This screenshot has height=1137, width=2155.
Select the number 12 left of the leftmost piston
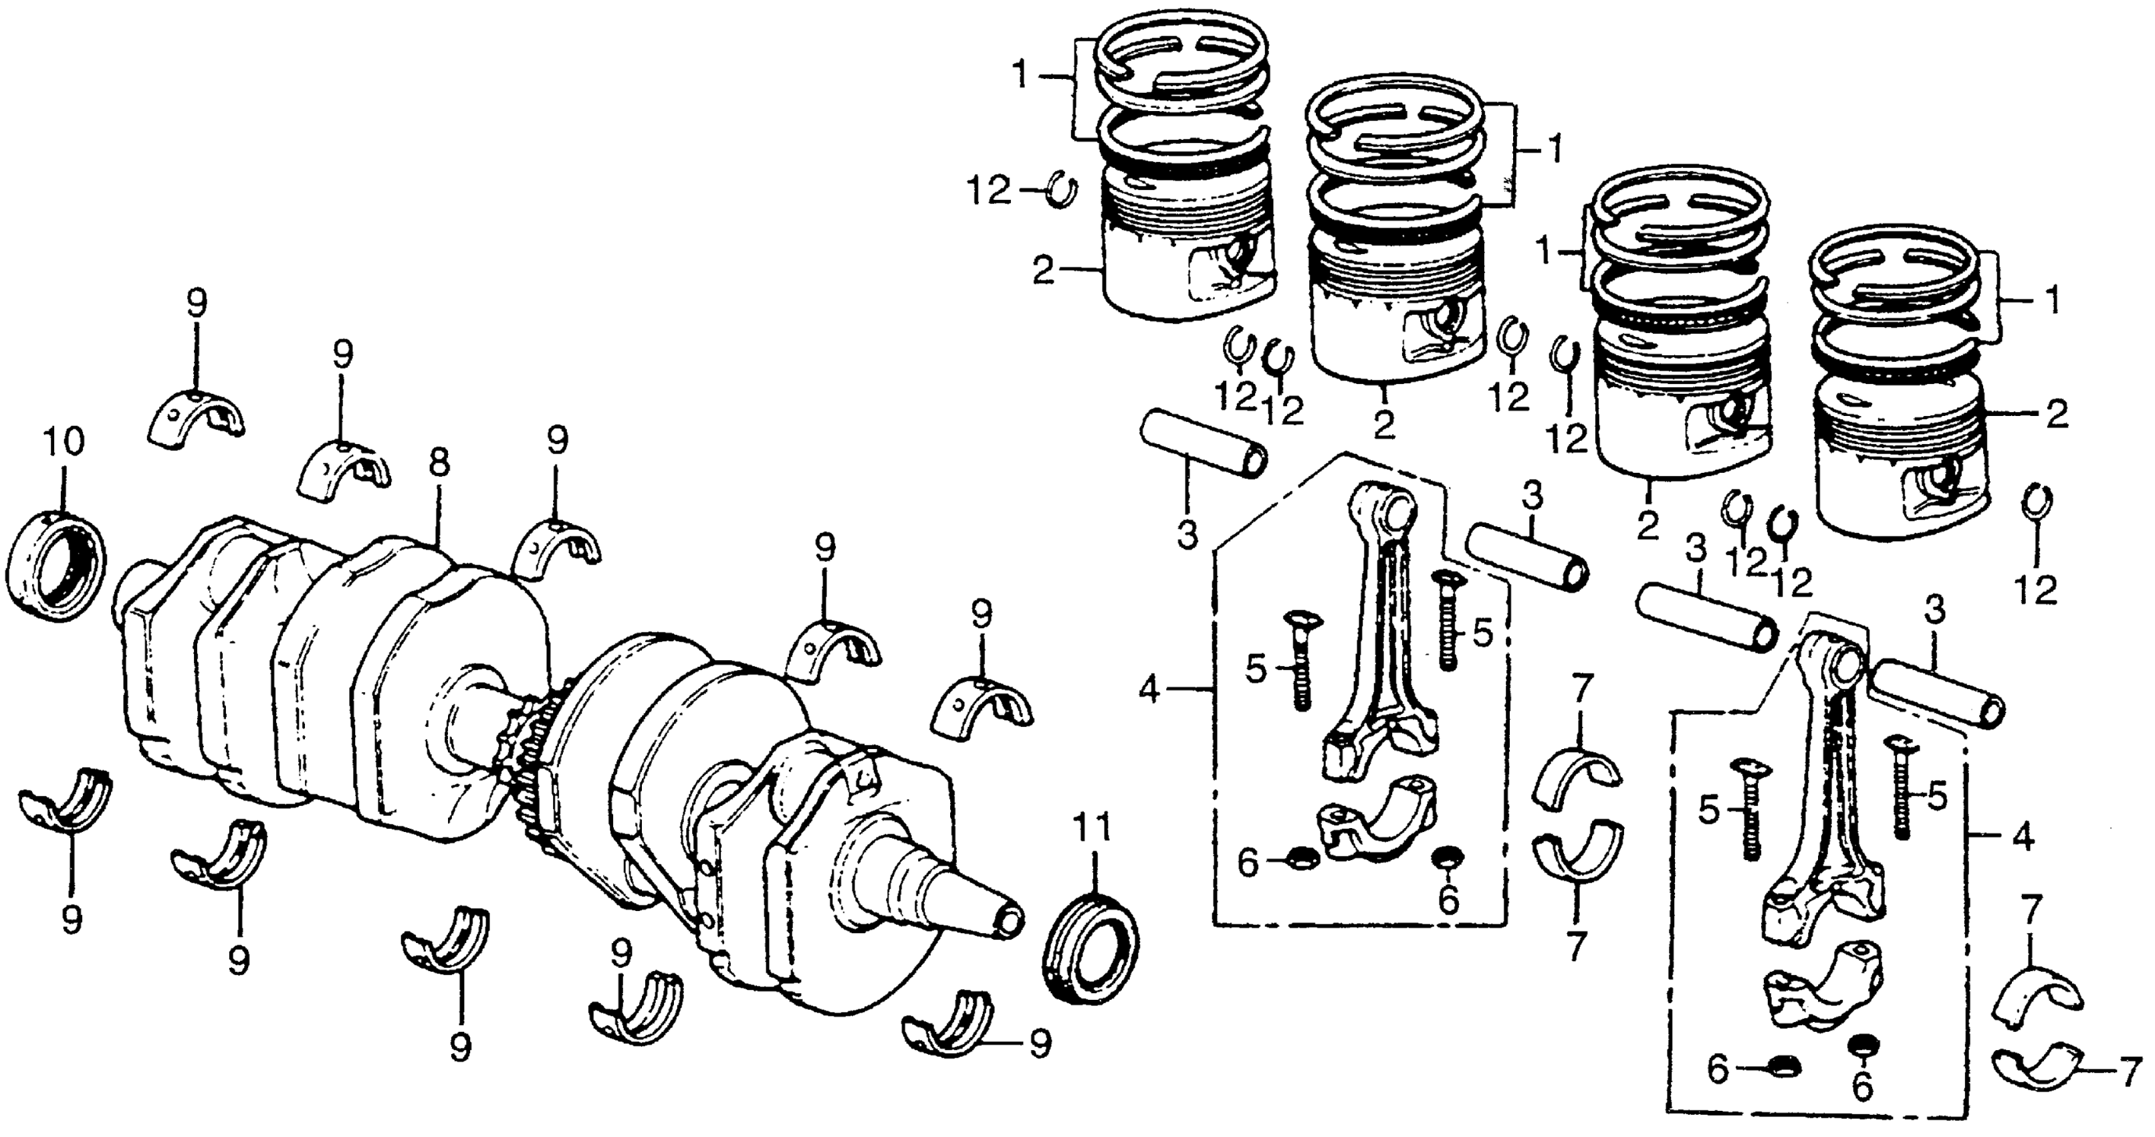(x=990, y=191)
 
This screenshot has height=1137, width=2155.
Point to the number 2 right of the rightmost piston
(x=2058, y=414)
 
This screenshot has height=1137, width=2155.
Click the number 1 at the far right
(x=2052, y=299)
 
